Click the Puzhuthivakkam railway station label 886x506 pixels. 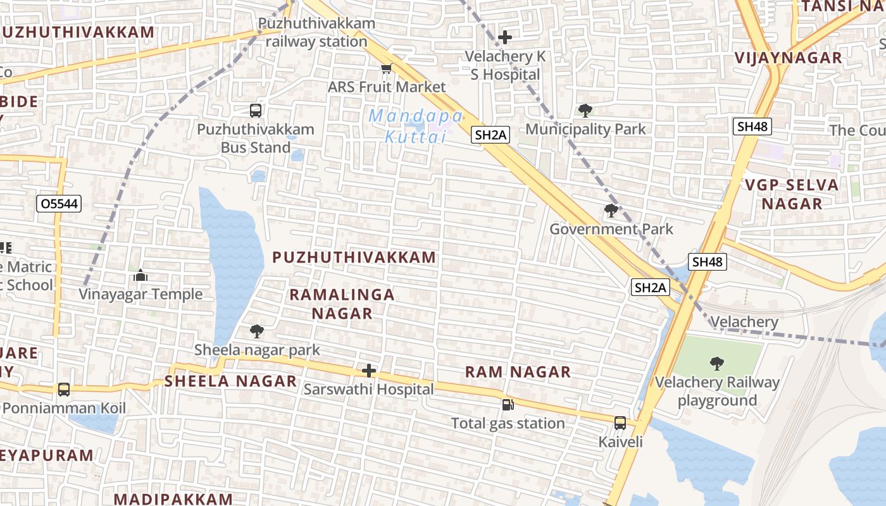316,32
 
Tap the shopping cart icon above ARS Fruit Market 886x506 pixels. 386,68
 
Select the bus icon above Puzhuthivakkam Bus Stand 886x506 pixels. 256,111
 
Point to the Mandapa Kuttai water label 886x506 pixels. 416,126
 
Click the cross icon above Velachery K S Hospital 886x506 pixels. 504,37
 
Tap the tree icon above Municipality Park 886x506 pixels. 585,111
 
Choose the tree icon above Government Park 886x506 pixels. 611,211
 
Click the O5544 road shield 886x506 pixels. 59,204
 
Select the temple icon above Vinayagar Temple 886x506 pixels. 140,275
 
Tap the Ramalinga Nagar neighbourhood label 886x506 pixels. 342,304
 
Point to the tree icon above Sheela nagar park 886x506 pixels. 256,331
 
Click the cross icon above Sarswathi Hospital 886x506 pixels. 369,371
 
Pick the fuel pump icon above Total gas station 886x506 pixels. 508,405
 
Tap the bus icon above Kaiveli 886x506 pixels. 620,423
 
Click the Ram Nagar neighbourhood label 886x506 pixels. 518,372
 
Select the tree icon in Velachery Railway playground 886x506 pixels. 717,364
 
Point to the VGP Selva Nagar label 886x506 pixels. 792,194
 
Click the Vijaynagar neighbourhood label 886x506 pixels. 788,58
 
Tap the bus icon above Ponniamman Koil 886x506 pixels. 64,390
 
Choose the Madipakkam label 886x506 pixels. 173,498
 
